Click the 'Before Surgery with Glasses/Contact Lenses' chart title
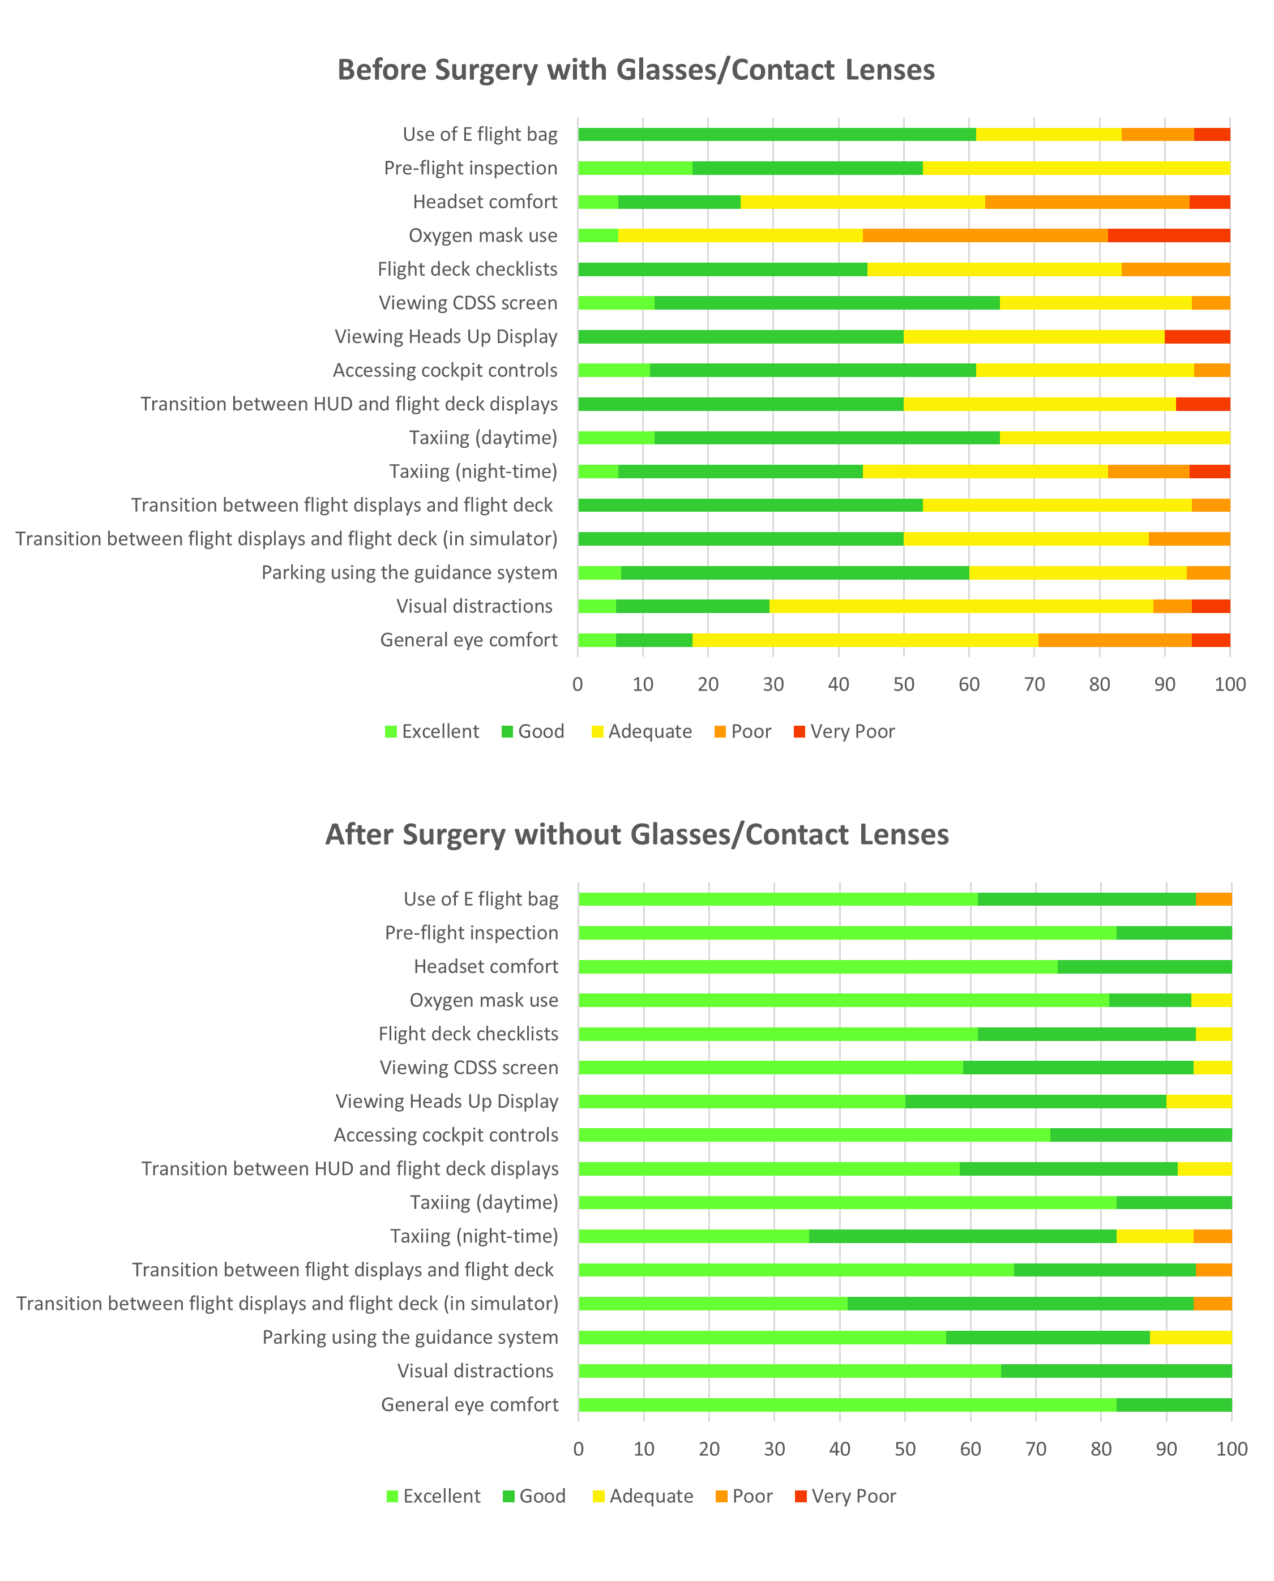635,70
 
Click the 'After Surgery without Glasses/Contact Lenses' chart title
636,834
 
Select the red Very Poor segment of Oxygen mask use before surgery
1168,235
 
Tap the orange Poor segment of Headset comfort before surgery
1086,202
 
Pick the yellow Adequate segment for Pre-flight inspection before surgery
1076,168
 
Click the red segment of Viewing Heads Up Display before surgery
1197,337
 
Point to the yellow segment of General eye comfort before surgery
865,640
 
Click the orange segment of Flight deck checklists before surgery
1175,269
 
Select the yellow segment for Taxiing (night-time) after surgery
1155,1236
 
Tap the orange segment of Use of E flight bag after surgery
1214,899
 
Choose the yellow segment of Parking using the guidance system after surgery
1190,1338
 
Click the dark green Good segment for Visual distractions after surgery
1115,1371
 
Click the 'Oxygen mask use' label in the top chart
483,235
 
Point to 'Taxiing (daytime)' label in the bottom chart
484,1202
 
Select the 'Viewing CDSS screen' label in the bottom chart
468,1068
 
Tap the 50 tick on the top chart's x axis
903,684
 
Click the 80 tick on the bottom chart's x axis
1101,1449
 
